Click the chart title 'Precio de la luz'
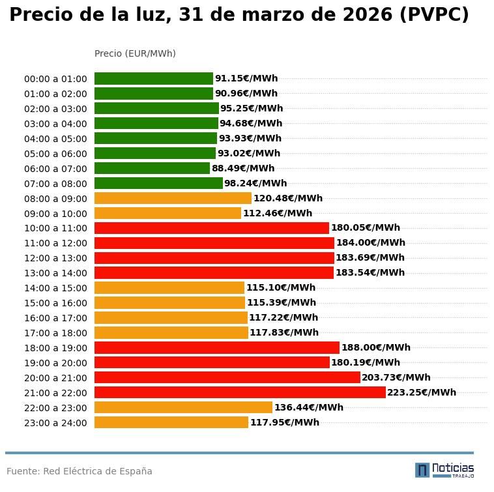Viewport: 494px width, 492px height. click(x=239, y=16)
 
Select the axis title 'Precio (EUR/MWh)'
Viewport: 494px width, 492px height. click(x=135, y=53)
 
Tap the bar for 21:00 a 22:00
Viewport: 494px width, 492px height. click(x=240, y=392)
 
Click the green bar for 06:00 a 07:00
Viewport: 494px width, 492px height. click(x=152, y=168)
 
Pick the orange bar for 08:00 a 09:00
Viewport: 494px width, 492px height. click(x=173, y=198)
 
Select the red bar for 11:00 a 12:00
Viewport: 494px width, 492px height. click(x=214, y=243)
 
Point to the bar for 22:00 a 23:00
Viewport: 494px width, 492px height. click(x=183, y=407)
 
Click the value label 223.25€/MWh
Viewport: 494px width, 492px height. click(x=422, y=392)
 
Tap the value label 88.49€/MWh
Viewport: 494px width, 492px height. click(x=243, y=168)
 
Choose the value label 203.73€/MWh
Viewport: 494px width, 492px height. click(x=396, y=377)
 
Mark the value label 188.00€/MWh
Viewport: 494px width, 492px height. click(x=376, y=347)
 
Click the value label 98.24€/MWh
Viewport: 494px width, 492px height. click(x=255, y=183)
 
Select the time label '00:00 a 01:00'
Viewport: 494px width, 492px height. click(x=55, y=79)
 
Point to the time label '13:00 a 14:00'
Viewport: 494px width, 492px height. click(x=55, y=273)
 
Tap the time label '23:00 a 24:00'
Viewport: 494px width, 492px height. click(x=55, y=423)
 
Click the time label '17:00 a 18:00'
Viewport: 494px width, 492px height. click(x=55, y=333)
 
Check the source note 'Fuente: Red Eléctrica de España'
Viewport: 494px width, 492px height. click(x=80, y=471)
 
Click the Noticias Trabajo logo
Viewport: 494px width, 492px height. click(x=444, y=470)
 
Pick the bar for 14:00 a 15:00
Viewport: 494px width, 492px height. click(x=169, y=287)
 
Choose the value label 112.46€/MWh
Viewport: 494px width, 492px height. click(x=278, y=213)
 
